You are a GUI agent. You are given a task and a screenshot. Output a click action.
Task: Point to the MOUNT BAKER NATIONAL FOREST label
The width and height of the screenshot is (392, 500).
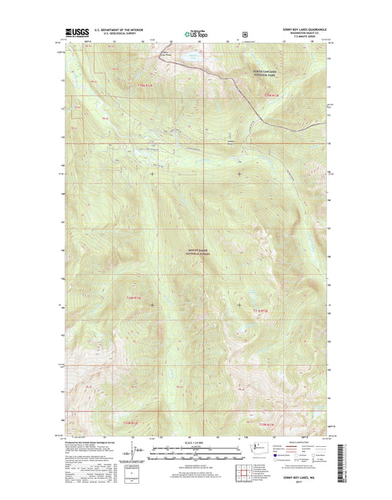click(196, 252)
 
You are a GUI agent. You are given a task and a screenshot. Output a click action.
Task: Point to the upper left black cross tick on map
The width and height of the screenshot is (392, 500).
click(152, 174)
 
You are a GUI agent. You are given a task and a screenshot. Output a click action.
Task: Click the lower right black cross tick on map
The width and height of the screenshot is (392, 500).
click(239, 303)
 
